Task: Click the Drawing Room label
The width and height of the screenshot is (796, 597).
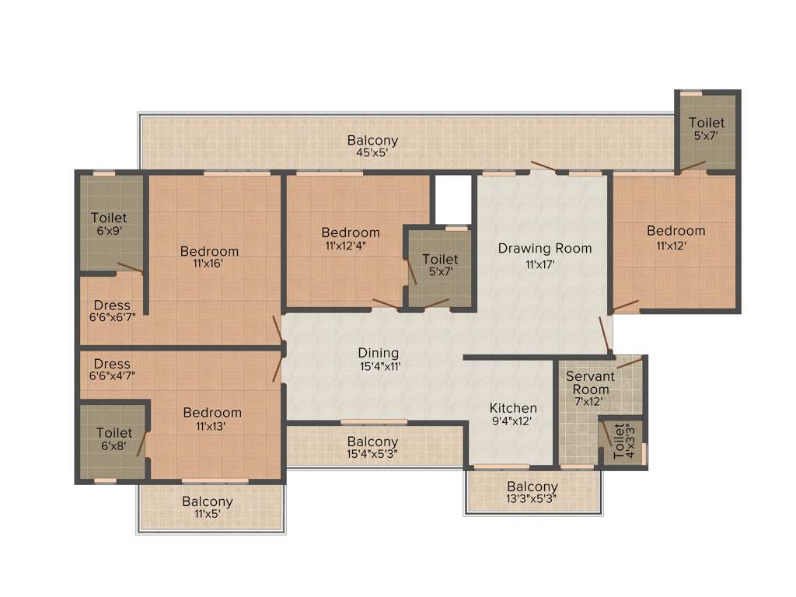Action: point(544,249)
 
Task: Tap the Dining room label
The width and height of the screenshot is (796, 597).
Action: point(379,353)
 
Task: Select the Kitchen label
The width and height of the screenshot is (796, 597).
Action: point(513,408)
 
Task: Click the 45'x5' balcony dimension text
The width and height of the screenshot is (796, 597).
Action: point(372,153)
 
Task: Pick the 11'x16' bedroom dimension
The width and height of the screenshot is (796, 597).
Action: point(209,264)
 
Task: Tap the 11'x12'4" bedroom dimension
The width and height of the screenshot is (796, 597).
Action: point(351,246)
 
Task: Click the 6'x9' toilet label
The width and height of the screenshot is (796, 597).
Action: point(108,231)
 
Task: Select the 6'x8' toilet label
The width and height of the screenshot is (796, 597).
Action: point(113,445)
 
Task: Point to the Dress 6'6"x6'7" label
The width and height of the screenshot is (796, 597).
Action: point(112,312)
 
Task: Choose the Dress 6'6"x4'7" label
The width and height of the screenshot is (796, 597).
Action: point(112,370)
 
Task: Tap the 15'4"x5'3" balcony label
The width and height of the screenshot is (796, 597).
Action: point(372,449)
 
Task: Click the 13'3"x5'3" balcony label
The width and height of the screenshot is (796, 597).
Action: point(532,494)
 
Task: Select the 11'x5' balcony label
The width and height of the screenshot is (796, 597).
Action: point(208,508)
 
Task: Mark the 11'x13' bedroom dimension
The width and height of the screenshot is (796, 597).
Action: point(212,426)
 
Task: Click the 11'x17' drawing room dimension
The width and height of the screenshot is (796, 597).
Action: point(544,264)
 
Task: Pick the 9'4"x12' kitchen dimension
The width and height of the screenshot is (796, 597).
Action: point(513,422)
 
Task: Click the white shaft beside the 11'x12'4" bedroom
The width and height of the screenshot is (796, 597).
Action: point(453,199)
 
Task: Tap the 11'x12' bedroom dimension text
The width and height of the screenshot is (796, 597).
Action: point(676,244)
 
